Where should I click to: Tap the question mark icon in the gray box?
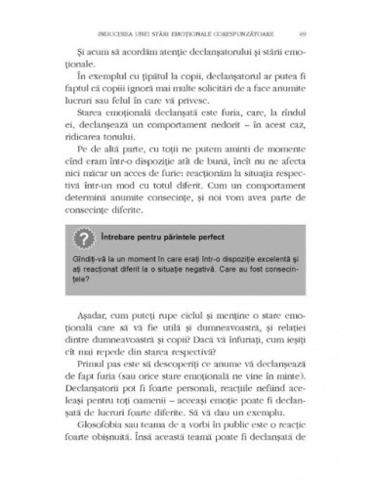(x=82, y=265)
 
